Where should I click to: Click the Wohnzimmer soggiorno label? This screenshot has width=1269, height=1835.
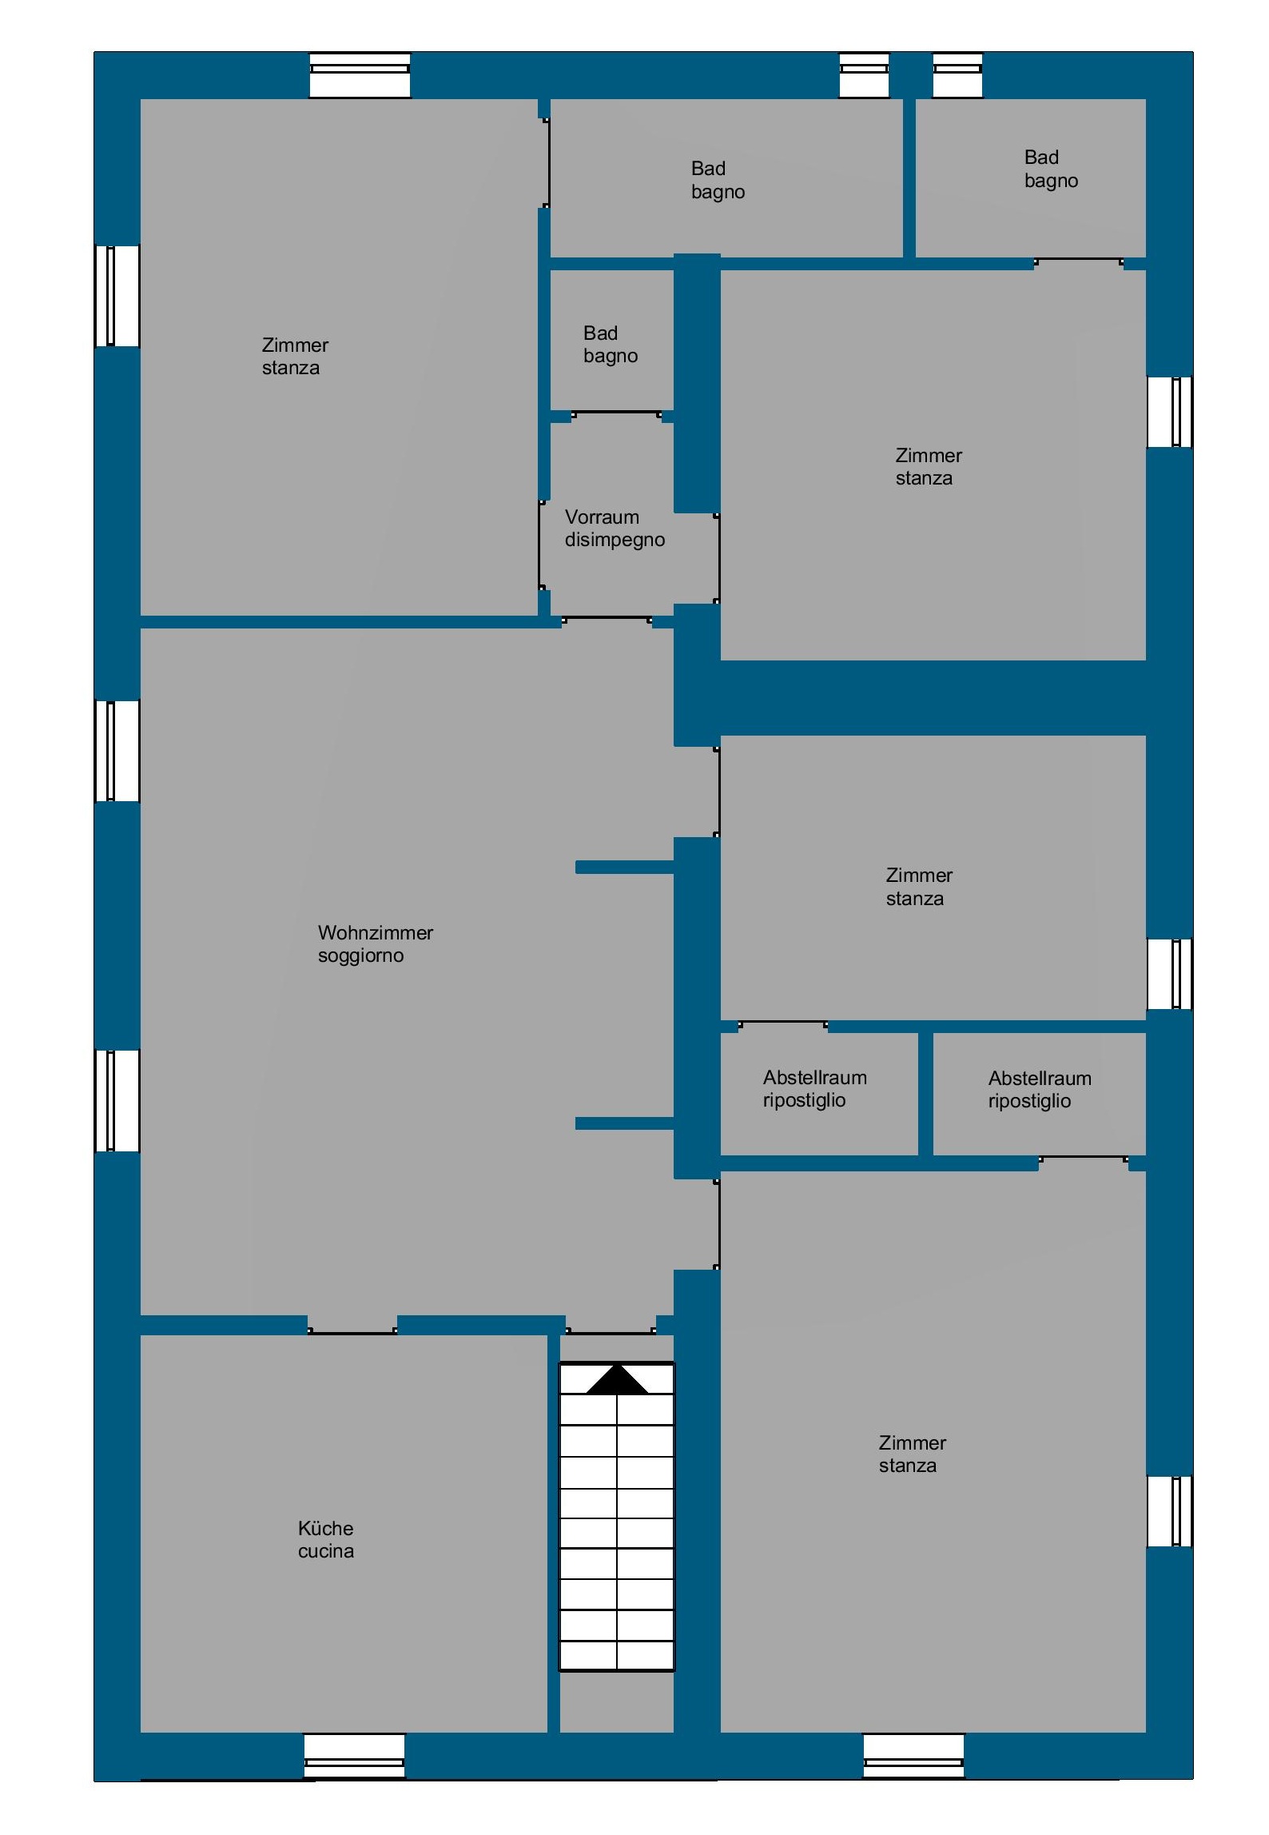[x=375, y=943]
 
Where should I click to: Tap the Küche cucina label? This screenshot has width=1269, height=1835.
[x=325, y=1539]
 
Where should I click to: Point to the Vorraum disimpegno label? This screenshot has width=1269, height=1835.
[x=615, y=528]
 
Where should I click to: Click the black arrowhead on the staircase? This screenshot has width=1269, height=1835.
[x=617, y=1380]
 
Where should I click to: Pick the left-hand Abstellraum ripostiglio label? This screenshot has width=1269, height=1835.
[x=814, y=1088]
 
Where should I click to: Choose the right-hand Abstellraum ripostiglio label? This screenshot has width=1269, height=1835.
[x=1039, y=1089]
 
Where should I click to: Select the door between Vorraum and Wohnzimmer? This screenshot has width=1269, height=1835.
[x=607, y=620]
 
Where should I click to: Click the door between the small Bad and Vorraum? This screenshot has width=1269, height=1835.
[x=616, y=414]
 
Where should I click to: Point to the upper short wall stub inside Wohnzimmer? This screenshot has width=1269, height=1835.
[x=624, y=868]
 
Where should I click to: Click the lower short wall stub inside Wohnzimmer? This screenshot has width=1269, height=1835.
[x=624, y=1123]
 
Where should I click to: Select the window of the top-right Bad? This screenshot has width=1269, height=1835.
[x=957, y=76]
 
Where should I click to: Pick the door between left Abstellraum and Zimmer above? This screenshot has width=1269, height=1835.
[x=783, y=1024]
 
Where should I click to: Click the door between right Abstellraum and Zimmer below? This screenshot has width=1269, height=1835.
[x=1084, y=1159]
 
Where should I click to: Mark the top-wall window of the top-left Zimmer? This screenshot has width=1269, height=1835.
[x=360, y=76]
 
